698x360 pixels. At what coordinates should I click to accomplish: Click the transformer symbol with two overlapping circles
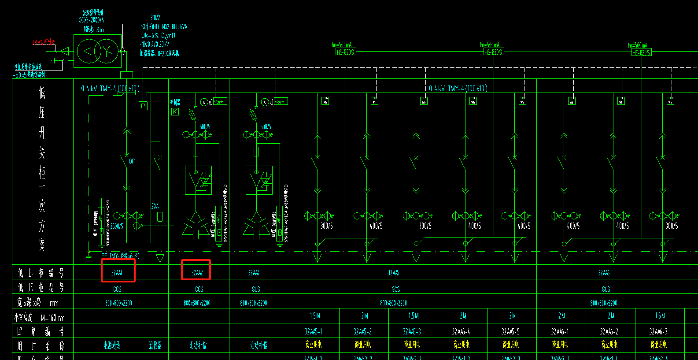(97, 51)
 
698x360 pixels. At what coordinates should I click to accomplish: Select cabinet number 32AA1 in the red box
(117, 273)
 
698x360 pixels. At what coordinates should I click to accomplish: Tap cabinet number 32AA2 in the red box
(197, 273)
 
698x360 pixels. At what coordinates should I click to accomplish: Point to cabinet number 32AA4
(254, 273)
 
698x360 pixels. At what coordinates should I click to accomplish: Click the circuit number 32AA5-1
(314, 331)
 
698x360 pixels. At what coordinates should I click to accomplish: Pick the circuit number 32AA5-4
(461, 331)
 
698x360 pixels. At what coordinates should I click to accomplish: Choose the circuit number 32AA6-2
(609, 331)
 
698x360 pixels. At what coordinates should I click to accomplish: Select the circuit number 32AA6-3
(658, 331)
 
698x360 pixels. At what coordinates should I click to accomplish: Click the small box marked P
(143, 106)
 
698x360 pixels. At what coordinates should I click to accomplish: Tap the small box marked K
(175, 112)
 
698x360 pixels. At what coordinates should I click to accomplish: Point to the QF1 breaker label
(132, 161)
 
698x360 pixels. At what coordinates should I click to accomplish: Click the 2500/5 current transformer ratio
(117, 226)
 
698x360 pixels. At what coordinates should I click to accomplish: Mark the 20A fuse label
(155, 206)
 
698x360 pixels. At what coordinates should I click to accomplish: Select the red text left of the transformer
(43, 42)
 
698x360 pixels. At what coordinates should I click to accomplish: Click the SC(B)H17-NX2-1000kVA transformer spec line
(164, 27)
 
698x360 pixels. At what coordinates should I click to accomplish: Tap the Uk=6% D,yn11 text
(158, 35)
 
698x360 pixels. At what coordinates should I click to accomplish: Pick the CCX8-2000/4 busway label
(91, 20)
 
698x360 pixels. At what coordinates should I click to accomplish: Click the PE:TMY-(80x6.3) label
(120, 256)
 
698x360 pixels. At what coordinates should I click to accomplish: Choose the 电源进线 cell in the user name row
(112, 345)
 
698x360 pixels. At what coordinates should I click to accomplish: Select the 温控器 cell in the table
(155, 345)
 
